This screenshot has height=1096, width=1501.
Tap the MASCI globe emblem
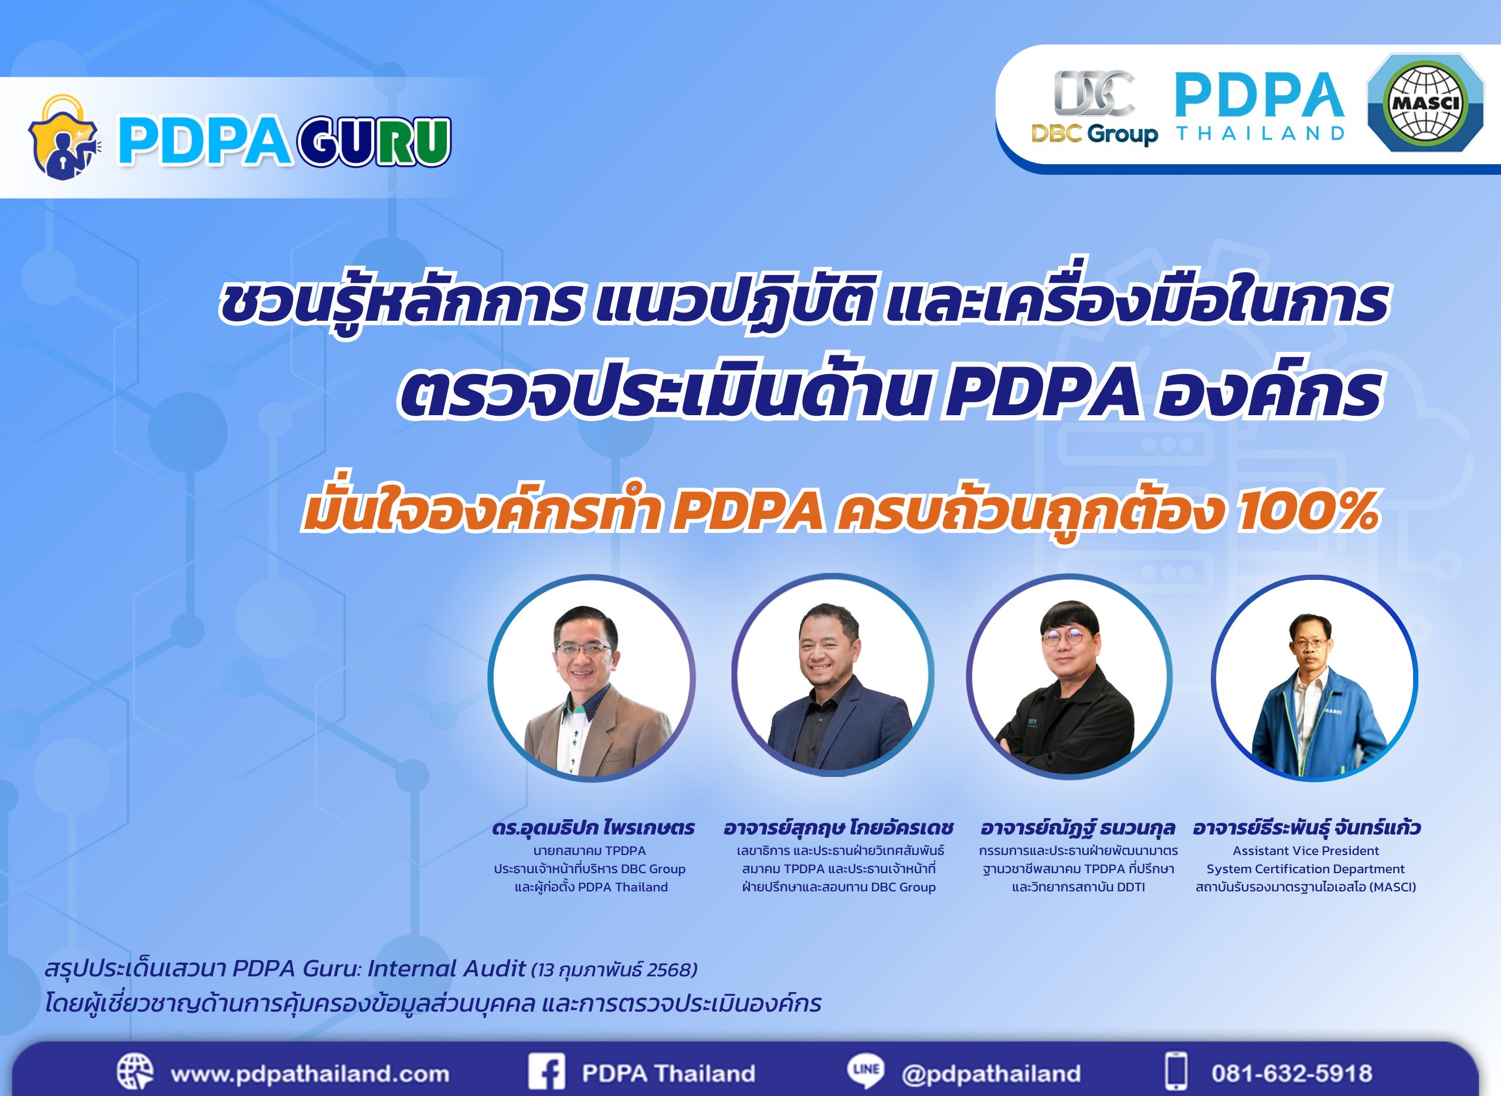click(x=1425, y=103)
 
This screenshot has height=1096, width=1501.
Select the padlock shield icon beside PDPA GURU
click(x=63, y=138)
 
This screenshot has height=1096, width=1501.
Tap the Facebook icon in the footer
click(x=546, y=1073)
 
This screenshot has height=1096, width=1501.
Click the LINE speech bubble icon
click(x=865, y=1071)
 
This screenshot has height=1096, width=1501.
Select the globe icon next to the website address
click(x=135, y=1071)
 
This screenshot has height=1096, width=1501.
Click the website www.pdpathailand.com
click(x=310, y=1074)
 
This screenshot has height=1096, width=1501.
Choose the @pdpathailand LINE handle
click(x=991, y=1074)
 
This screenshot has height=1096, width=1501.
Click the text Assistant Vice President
click(x=1305, y=850)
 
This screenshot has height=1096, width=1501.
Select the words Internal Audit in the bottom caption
click(x=446, y=969)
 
